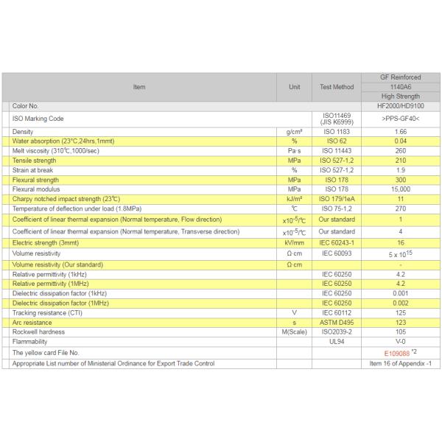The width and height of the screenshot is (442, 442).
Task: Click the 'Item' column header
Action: coord(139,87)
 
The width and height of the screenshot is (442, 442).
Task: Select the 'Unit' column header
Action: coord(294,87)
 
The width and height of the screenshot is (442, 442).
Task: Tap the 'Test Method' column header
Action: coord(337,87)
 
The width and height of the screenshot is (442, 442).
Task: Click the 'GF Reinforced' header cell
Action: coord(400,77)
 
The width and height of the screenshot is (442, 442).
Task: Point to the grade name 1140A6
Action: coord(400,86)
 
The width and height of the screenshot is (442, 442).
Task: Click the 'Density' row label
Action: coord(24,131)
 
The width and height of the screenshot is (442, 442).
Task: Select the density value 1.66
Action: coord(400,131)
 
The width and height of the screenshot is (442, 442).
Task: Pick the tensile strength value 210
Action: coord(400,160)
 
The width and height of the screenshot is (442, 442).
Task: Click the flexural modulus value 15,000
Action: coord(400,189)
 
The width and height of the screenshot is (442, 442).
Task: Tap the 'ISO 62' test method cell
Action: coord(337,141)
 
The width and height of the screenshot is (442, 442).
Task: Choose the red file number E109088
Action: coord(390,354)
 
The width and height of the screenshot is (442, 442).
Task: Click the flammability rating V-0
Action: coord(400,343)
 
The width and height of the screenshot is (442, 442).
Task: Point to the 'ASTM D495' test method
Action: coord(337,323)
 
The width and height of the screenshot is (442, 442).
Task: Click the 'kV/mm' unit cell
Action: coord(294,242)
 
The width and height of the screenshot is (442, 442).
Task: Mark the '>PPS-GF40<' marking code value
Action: coord(400,119)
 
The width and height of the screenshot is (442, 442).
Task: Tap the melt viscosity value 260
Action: coord(400,150)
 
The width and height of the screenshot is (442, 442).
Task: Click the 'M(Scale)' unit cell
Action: coord(294,332)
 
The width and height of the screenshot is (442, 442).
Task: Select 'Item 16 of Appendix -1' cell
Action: coord(400,363)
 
